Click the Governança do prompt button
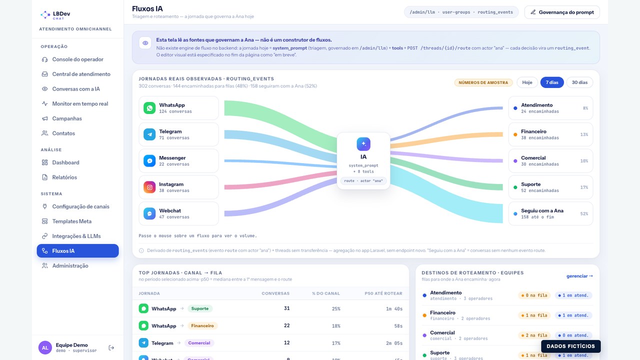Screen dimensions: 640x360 click(x=562, y=12)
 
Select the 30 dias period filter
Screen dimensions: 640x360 click(x=579, y=82)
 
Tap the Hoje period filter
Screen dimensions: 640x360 click(x=527, y=82)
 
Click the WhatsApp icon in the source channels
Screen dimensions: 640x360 click(x=149, y=108)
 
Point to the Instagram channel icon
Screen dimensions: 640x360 click(x=149, y=187)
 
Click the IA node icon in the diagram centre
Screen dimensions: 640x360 click(x=363, y=144)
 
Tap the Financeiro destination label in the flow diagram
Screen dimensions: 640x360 click(x=533, y=131)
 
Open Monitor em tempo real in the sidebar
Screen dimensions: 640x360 click(x=80, y=103)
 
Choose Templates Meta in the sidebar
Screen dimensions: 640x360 click(x=71, y=221)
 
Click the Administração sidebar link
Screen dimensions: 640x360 click(x=70, y=265)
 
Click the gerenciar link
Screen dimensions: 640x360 click(x=579, y=276)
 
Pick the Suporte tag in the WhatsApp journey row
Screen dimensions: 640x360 click(x=199, y=308)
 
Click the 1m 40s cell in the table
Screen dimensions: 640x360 click(x=394, y=309)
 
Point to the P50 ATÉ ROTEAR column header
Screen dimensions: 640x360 click(x=383, y=293)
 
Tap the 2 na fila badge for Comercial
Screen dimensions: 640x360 click(x=534, y=335)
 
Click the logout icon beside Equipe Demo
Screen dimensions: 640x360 click(x=111, y=347)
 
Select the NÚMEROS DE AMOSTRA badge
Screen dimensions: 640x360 click(x=483, y=82)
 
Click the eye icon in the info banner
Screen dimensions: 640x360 click(x=145, y=43)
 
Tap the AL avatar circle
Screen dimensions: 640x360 click(x=45, y=347)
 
